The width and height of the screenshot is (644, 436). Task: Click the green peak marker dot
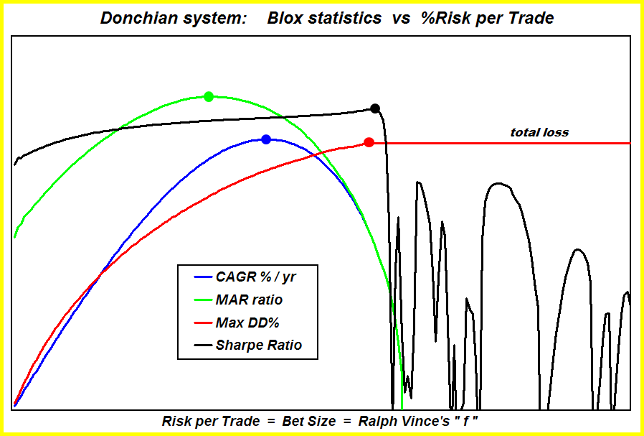point(209,97)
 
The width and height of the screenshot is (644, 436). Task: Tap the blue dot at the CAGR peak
point(266,139)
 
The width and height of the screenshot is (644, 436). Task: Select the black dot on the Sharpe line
point(375,108)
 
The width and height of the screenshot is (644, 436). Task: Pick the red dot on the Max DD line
point(369,142)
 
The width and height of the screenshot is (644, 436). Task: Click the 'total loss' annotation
point(539,132)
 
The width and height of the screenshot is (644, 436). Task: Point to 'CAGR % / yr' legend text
point(255,277)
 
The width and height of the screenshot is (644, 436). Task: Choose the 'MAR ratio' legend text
point(249,300)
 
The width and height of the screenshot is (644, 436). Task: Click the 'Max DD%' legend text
point(247,323)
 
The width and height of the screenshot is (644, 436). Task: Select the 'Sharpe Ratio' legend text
point(259,345)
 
